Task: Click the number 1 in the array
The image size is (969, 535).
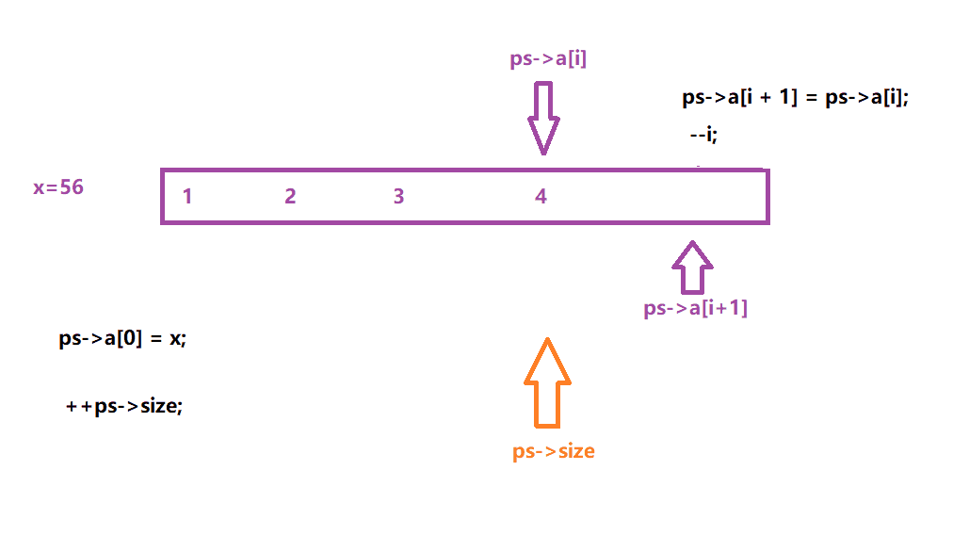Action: click(188, 196)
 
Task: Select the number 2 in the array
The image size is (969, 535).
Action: click(290, 196)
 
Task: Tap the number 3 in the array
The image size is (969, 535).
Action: click(399, 196)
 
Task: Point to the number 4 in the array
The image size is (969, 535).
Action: click(541, 196)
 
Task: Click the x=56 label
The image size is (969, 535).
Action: click(58, 187)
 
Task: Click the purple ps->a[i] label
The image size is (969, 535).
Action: click(549, 60)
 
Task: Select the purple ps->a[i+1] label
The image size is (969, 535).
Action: click(695, 308)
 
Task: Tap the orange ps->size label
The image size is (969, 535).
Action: click(554, 451)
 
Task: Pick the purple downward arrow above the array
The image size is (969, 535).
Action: click(543, 118)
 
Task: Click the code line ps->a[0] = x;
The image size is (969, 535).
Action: click(122, 339)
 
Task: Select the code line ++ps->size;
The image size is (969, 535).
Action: click(122, 407)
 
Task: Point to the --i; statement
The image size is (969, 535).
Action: click(703, 135)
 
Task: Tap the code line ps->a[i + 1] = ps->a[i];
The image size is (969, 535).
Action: click(796, 99)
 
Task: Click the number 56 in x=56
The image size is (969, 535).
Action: click(72, 187)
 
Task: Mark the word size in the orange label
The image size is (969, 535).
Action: click(573, 451)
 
